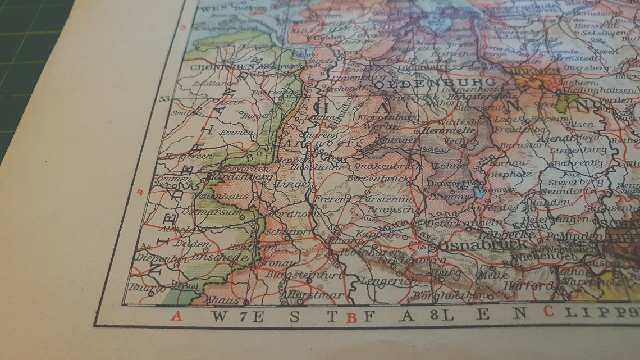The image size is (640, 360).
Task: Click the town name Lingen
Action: tap(294, 184)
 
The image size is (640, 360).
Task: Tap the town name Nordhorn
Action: tap(287, 215)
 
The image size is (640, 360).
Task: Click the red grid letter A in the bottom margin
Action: tap(177, 316)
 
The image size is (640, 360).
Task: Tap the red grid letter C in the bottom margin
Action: tap(548, 311)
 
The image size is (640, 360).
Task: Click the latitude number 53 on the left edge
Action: tap(164, 99)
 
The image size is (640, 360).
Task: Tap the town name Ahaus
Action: tap(215, 299)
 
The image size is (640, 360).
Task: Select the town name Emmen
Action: tap(231, 132)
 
